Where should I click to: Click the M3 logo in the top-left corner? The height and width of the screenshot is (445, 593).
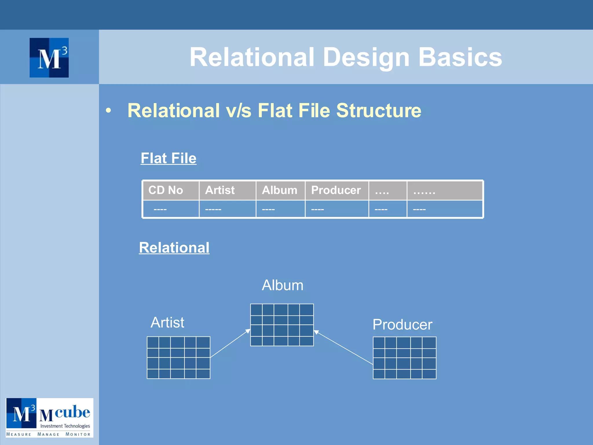(49, 58)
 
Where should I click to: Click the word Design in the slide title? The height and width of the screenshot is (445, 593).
(366, 57)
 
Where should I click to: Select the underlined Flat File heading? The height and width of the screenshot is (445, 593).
(169, 158)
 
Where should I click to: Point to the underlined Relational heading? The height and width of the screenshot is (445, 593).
(174, 248)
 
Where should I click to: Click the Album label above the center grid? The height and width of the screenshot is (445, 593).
(283, 285)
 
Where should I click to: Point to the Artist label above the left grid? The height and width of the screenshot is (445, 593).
(167, 322)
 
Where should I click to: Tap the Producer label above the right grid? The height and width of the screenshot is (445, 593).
(402, 324)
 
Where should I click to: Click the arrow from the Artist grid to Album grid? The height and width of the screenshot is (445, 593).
(230, 343)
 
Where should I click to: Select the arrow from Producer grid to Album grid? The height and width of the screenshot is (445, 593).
(343, 347)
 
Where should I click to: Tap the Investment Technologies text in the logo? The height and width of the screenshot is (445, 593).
(65, 426)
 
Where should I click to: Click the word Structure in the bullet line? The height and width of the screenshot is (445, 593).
(379, 111)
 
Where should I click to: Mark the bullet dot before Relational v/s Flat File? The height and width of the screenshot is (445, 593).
(108, 111)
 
